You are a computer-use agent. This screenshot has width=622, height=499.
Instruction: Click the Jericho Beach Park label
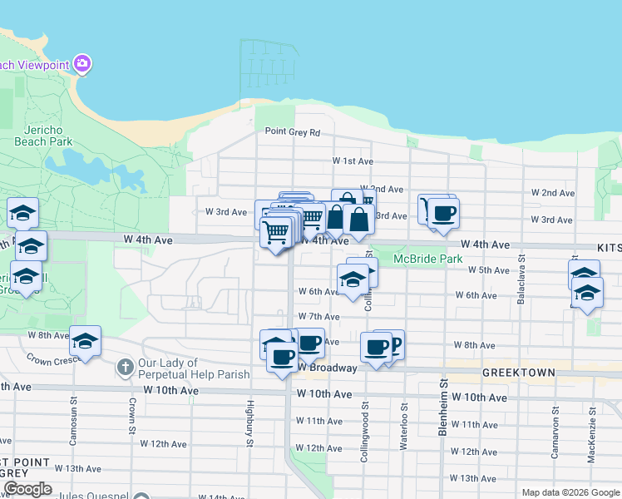pyautogui.click(x=43, y=136)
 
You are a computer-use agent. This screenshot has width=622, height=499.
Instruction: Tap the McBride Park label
pyautogui.click(x=427, y=259)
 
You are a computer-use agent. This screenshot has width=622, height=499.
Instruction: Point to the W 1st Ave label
pyautogui.click(x=353, y=161)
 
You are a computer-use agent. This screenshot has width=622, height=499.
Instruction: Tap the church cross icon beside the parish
pyautogui.click(x=125, y=367)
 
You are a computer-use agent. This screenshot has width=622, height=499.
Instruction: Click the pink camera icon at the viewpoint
pyautogui.click(x=81, y=63)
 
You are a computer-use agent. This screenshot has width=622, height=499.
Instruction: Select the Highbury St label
pyautogui.click(x=249, y=423)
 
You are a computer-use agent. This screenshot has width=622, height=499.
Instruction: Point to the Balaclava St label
pyautogui.click(x=521, y=283)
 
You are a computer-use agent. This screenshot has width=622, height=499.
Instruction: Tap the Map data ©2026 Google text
pyautogui.click(x=570, y=492)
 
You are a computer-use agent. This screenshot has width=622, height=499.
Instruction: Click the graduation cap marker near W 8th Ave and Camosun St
pyautogui.click(x=85, y=341)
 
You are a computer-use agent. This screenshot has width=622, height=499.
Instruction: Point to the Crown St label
pyautogui.click(x=132, y=413)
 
